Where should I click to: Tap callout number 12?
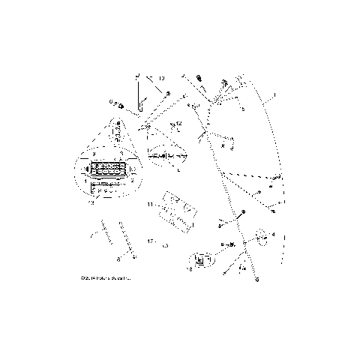(x=178, y=122)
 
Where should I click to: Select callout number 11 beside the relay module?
(x=150, y=204)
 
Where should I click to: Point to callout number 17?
(x=151, y=242)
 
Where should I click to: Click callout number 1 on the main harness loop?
(x=274, y=96)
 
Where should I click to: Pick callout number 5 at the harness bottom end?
(x=257, y=279)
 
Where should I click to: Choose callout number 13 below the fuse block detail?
(x=91, y=201)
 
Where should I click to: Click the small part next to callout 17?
(x=164, y=244)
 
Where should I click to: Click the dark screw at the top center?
(x=200, y=78)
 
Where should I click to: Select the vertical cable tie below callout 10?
(x=139, y=97)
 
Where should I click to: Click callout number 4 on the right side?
(x=274, y=235)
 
